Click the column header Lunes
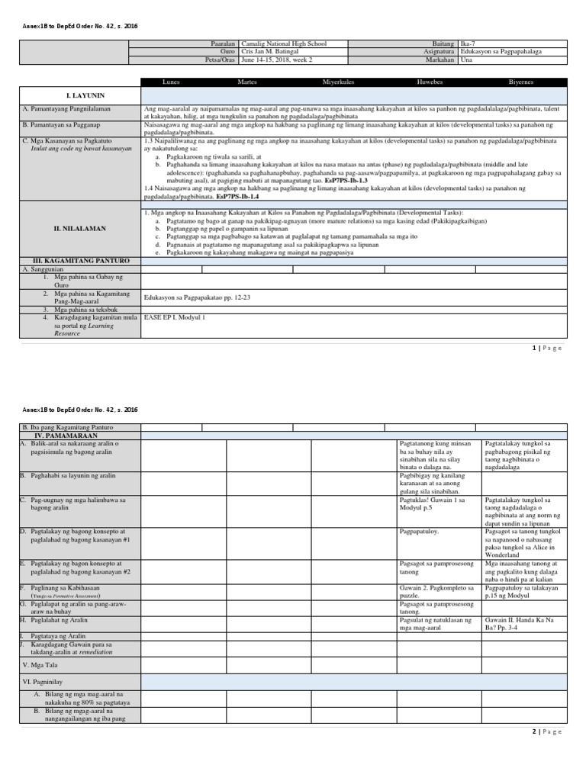pos(172,82)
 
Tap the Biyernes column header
pos(521,82)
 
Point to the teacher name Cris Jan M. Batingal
pos(270,52)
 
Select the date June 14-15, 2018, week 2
pos(276,59)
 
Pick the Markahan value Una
pos(467,59)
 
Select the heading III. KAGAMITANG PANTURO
pos(76,261)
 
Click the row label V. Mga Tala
pos(40,665)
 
